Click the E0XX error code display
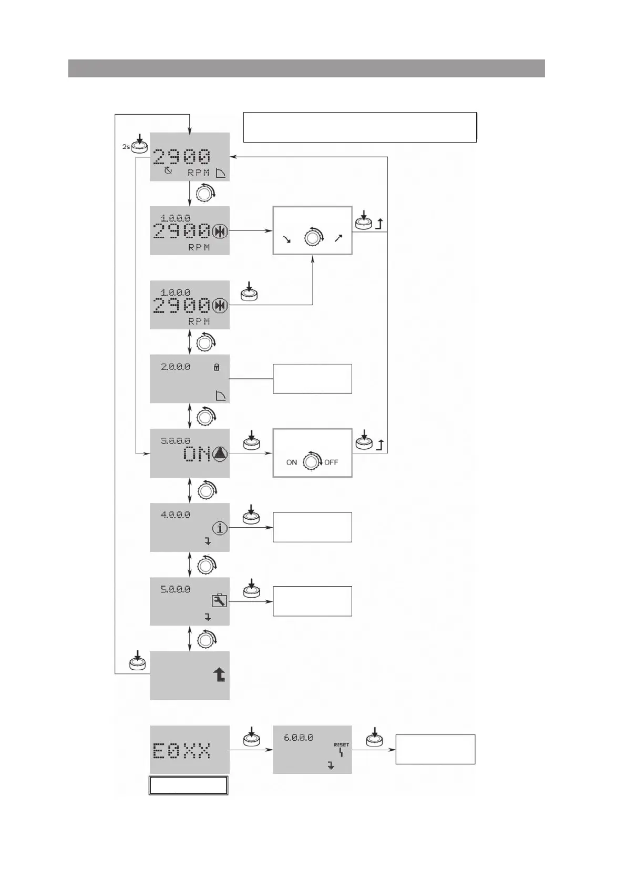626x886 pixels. point(182,750)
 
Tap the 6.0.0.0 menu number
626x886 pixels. point(298,738)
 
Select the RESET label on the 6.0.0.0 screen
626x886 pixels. point(341,744)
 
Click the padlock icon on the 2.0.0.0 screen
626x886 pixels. point(217,367)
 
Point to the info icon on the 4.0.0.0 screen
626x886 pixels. point(220,528)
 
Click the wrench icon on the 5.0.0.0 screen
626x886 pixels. point(219,601)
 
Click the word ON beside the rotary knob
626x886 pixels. point(292,462)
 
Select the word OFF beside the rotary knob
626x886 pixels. point(331,462)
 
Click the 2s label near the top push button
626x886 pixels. point(126,147)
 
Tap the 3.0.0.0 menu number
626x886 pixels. point(176,441)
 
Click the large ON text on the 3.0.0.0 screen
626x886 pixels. point(197,454)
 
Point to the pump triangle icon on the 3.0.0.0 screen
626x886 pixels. point(220,454)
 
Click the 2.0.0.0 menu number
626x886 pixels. point(176,367)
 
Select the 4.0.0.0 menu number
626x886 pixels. point(176,515)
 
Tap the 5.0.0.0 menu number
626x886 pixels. point(176,589)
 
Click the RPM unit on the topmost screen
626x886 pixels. point(199,173)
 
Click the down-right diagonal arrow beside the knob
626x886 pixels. point(287,239)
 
